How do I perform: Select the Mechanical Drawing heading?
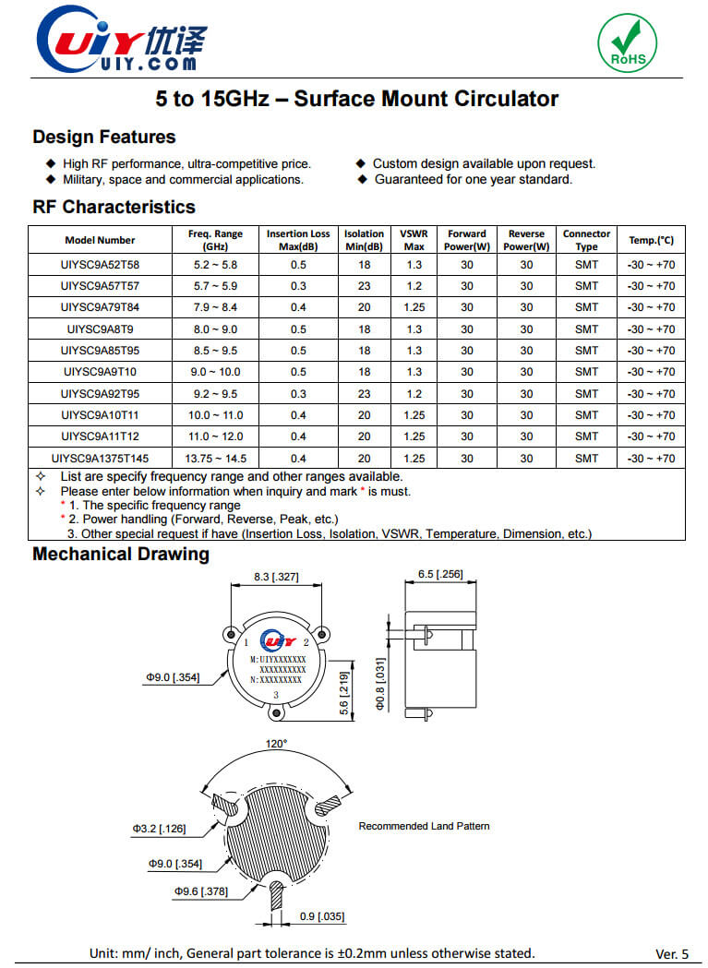click(x=121, y=555)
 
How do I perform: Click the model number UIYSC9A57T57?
click(x=100, y=286)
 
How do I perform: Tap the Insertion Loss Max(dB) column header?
click(x=298, y=240)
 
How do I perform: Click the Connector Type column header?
click(x=586, y=240)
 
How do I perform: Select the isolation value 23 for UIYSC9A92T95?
click(x=364, y=394)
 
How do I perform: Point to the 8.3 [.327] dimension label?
click(x=276, y=577)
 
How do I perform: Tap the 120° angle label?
click(x=278, y=743)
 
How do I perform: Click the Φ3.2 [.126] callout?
click(x=159, y=829)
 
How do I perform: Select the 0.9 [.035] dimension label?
click(x=322, y=916)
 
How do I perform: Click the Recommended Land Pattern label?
click(x=424, y=826)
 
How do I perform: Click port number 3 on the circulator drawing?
click(x=276, y=695)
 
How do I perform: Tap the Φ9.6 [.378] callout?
click(x=201, y=891)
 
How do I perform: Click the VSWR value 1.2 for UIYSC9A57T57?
click(x=414, y=286)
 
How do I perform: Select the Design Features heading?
click(x=103, y=137)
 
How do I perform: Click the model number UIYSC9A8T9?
click(x=100, y=329)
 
